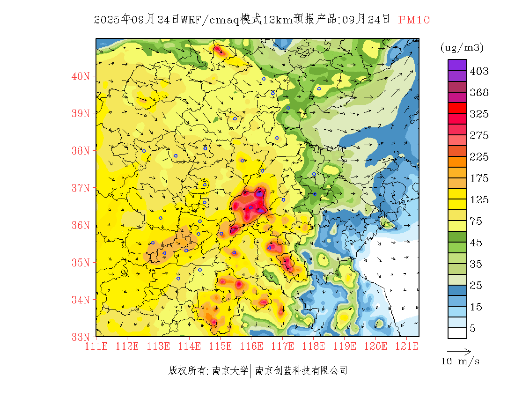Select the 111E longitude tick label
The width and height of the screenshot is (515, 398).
(96, 346)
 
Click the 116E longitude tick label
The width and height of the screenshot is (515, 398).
(251, 346)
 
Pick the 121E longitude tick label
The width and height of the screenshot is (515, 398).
(407, 346)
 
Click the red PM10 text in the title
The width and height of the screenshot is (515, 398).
(414, 20)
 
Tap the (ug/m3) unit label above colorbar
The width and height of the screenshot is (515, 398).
(462, 47)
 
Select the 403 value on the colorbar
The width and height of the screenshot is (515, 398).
(479, 71)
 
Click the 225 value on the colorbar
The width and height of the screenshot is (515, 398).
(479, 157)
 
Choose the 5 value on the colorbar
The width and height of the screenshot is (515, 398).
(473, 328)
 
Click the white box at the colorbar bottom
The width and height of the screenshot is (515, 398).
(457, 332)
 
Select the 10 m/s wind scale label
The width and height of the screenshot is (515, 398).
(461, 361)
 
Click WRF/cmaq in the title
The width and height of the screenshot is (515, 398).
(210, 20)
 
